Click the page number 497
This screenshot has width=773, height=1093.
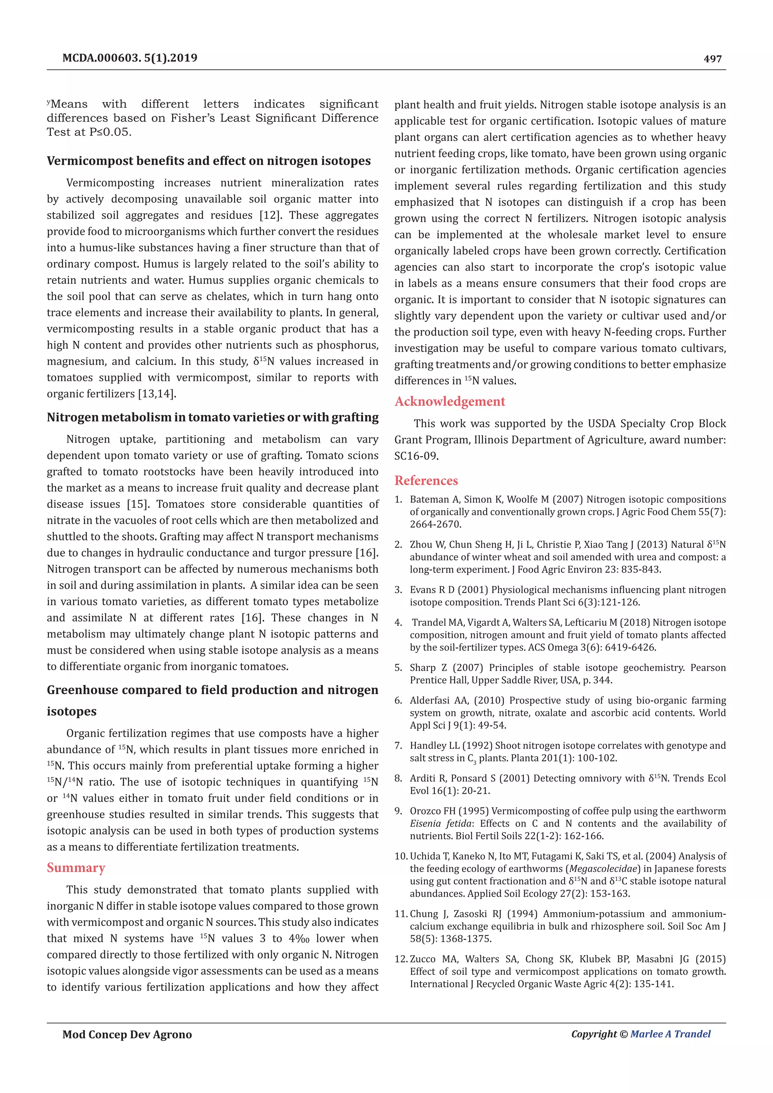click(x=712, y=59)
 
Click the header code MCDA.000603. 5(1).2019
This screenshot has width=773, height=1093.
click(x=129, y=58)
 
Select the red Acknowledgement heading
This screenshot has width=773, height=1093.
click(x=449, y=401)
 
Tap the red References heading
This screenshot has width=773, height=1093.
click(x=426, y=480)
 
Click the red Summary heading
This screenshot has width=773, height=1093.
click(x=76, y=867)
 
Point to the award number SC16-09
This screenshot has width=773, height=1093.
click(x=415, y=456)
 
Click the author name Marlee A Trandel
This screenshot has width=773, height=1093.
click(x=670, y=1034)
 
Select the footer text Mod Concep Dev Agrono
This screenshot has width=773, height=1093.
click(x=127, y=1035)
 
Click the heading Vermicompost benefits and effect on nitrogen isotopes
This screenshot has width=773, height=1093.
click(x=208, y=161)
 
